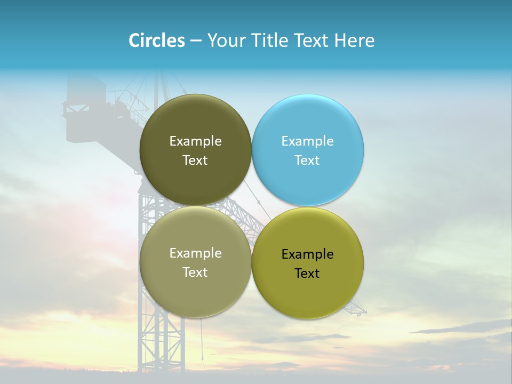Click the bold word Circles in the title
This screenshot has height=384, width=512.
[156, 41]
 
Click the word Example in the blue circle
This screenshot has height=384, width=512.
[307, 141]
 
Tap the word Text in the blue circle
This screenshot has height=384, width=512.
[307, 161]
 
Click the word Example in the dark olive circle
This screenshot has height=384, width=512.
[195, 141]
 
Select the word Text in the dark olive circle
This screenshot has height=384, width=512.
[195, 161]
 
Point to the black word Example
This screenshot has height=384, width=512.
[307, 254]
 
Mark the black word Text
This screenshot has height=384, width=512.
[307, 274]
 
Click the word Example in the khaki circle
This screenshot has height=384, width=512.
[195, 253]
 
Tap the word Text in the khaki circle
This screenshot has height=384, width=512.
[195, 273]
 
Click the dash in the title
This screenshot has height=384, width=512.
[196, 41]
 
